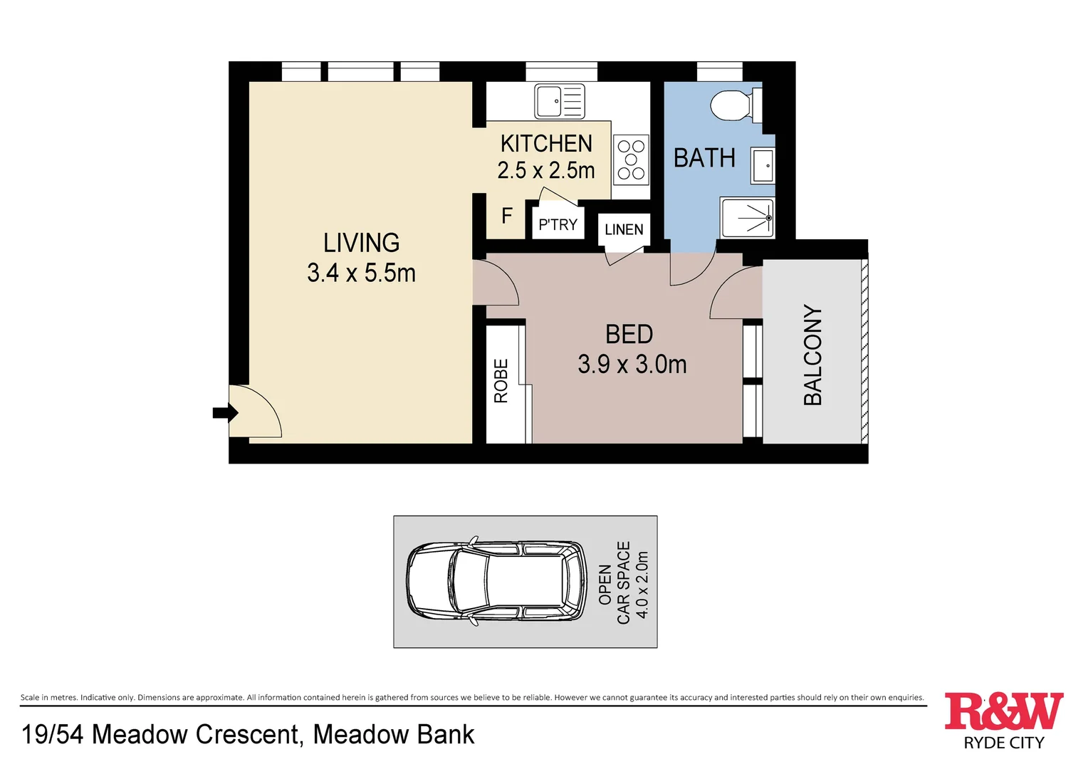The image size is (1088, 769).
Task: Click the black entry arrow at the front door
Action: [x=226, y=414]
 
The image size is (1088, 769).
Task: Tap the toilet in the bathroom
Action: [x=736, y=105]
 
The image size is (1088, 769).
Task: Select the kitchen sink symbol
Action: [x=560, y=102]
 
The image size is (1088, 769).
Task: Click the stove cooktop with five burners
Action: [x=631, y=159]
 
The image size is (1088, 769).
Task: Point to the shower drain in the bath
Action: [x=769, y=218]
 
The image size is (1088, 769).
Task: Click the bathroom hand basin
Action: [x=763, y=165]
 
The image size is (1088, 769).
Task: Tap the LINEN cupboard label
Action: [x=624, y=229]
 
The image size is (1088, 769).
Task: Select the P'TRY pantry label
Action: [x=558, y=224]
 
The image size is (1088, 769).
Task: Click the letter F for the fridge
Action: [x=506, y=216]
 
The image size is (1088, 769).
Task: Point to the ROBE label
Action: [x=501, y=381]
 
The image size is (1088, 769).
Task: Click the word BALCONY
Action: [x=812, y=355]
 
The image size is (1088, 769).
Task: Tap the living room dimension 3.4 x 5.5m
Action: [x=362, y=273]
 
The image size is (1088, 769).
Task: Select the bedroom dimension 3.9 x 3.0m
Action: [x=632, y=365]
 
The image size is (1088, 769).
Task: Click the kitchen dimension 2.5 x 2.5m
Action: [x=546, y=170]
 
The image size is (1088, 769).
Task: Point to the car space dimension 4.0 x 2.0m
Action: [x=642, y=585]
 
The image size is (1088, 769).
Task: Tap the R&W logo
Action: [x=1003, y=711]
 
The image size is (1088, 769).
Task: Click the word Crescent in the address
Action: [x=247, y=734]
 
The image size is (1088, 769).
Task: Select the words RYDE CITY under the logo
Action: [x=1003, y=743]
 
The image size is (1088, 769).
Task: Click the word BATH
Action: [x=704, y=158]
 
